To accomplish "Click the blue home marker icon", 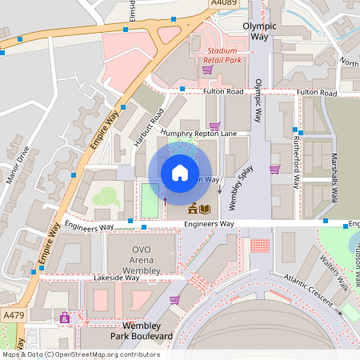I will [180, 172].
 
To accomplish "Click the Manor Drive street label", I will [18, 164].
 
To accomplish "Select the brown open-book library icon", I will [206, 210].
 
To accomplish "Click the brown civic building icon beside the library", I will [193, 210].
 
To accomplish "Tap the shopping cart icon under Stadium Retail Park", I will [207, 69].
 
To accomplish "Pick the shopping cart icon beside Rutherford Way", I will [274, 169].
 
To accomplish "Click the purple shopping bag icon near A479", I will [64, 318].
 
